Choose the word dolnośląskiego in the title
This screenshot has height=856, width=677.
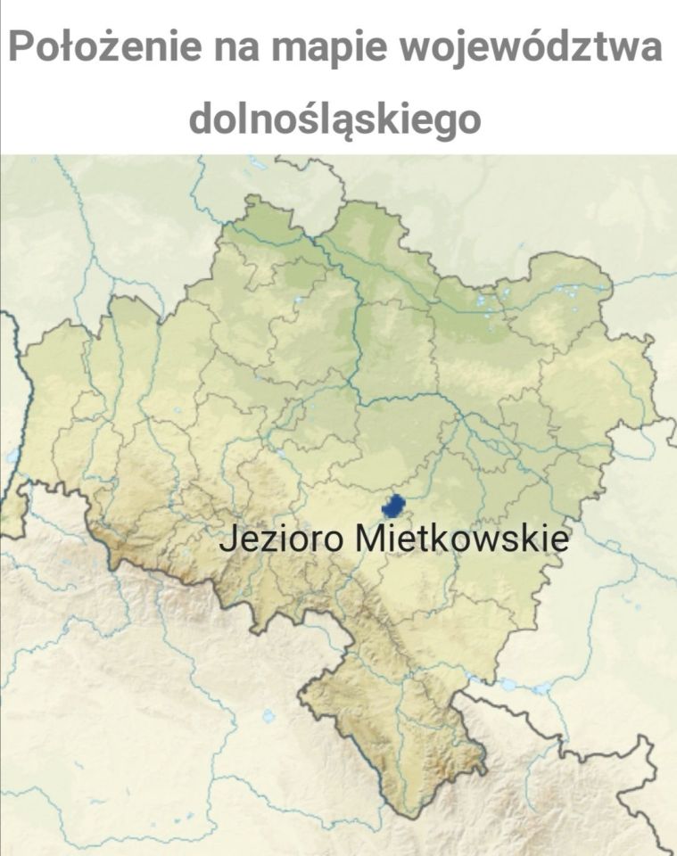(335, 119)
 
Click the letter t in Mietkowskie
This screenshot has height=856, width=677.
(420, 540)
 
